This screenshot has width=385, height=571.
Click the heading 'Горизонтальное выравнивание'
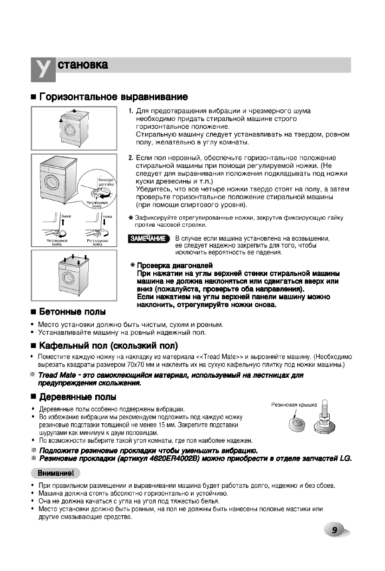pyautogui.click(x=114, y=97)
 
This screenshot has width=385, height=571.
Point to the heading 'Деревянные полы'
pyautogui.click(x=78, y=397)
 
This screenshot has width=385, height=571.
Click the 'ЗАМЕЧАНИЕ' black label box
pyautogui.click(x=149, y=239)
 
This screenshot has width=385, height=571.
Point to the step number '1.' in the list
pyautogui.click(x=131, y=112)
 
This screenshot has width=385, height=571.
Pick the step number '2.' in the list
pyautogui.click(x=131, y=158)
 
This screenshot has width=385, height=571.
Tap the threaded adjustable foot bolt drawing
pyautogui.click(x=324, y=416)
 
